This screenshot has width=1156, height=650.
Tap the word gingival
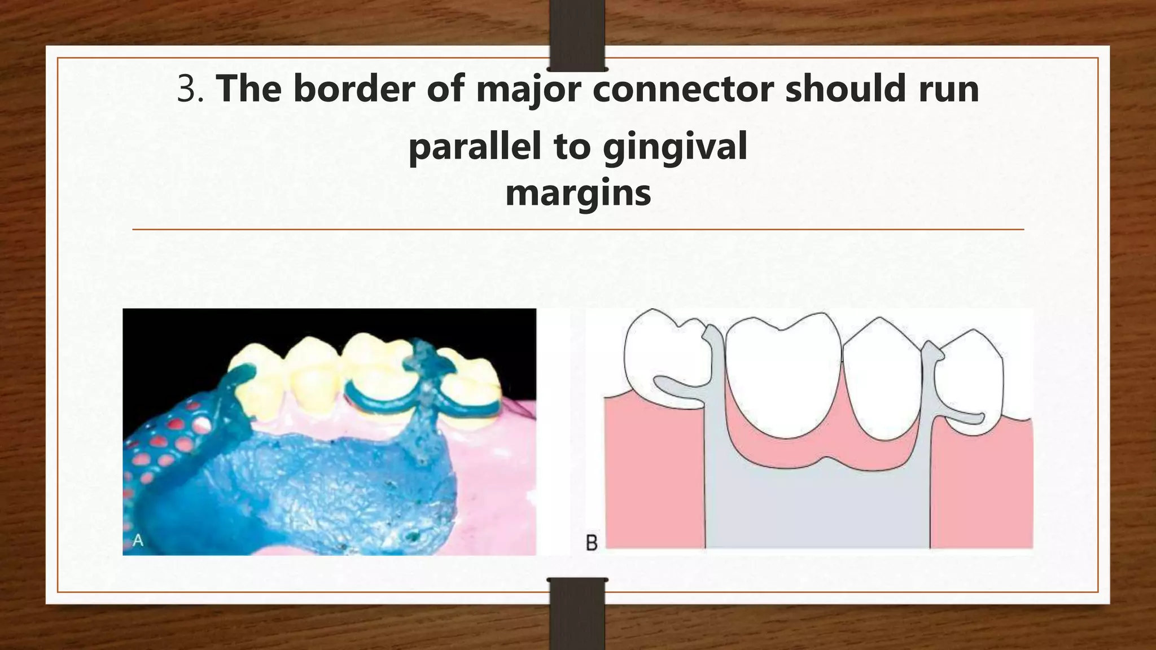click(x=675, y=147)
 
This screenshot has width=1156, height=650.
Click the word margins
click(x=578, y=194)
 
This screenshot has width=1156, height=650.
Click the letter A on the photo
click(x=138, y=541)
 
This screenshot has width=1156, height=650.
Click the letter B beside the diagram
click(x=592, y=543)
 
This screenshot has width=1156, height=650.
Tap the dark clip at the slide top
click(x=577, y=35)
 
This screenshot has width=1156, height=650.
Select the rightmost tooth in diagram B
click(x=968, y=384)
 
